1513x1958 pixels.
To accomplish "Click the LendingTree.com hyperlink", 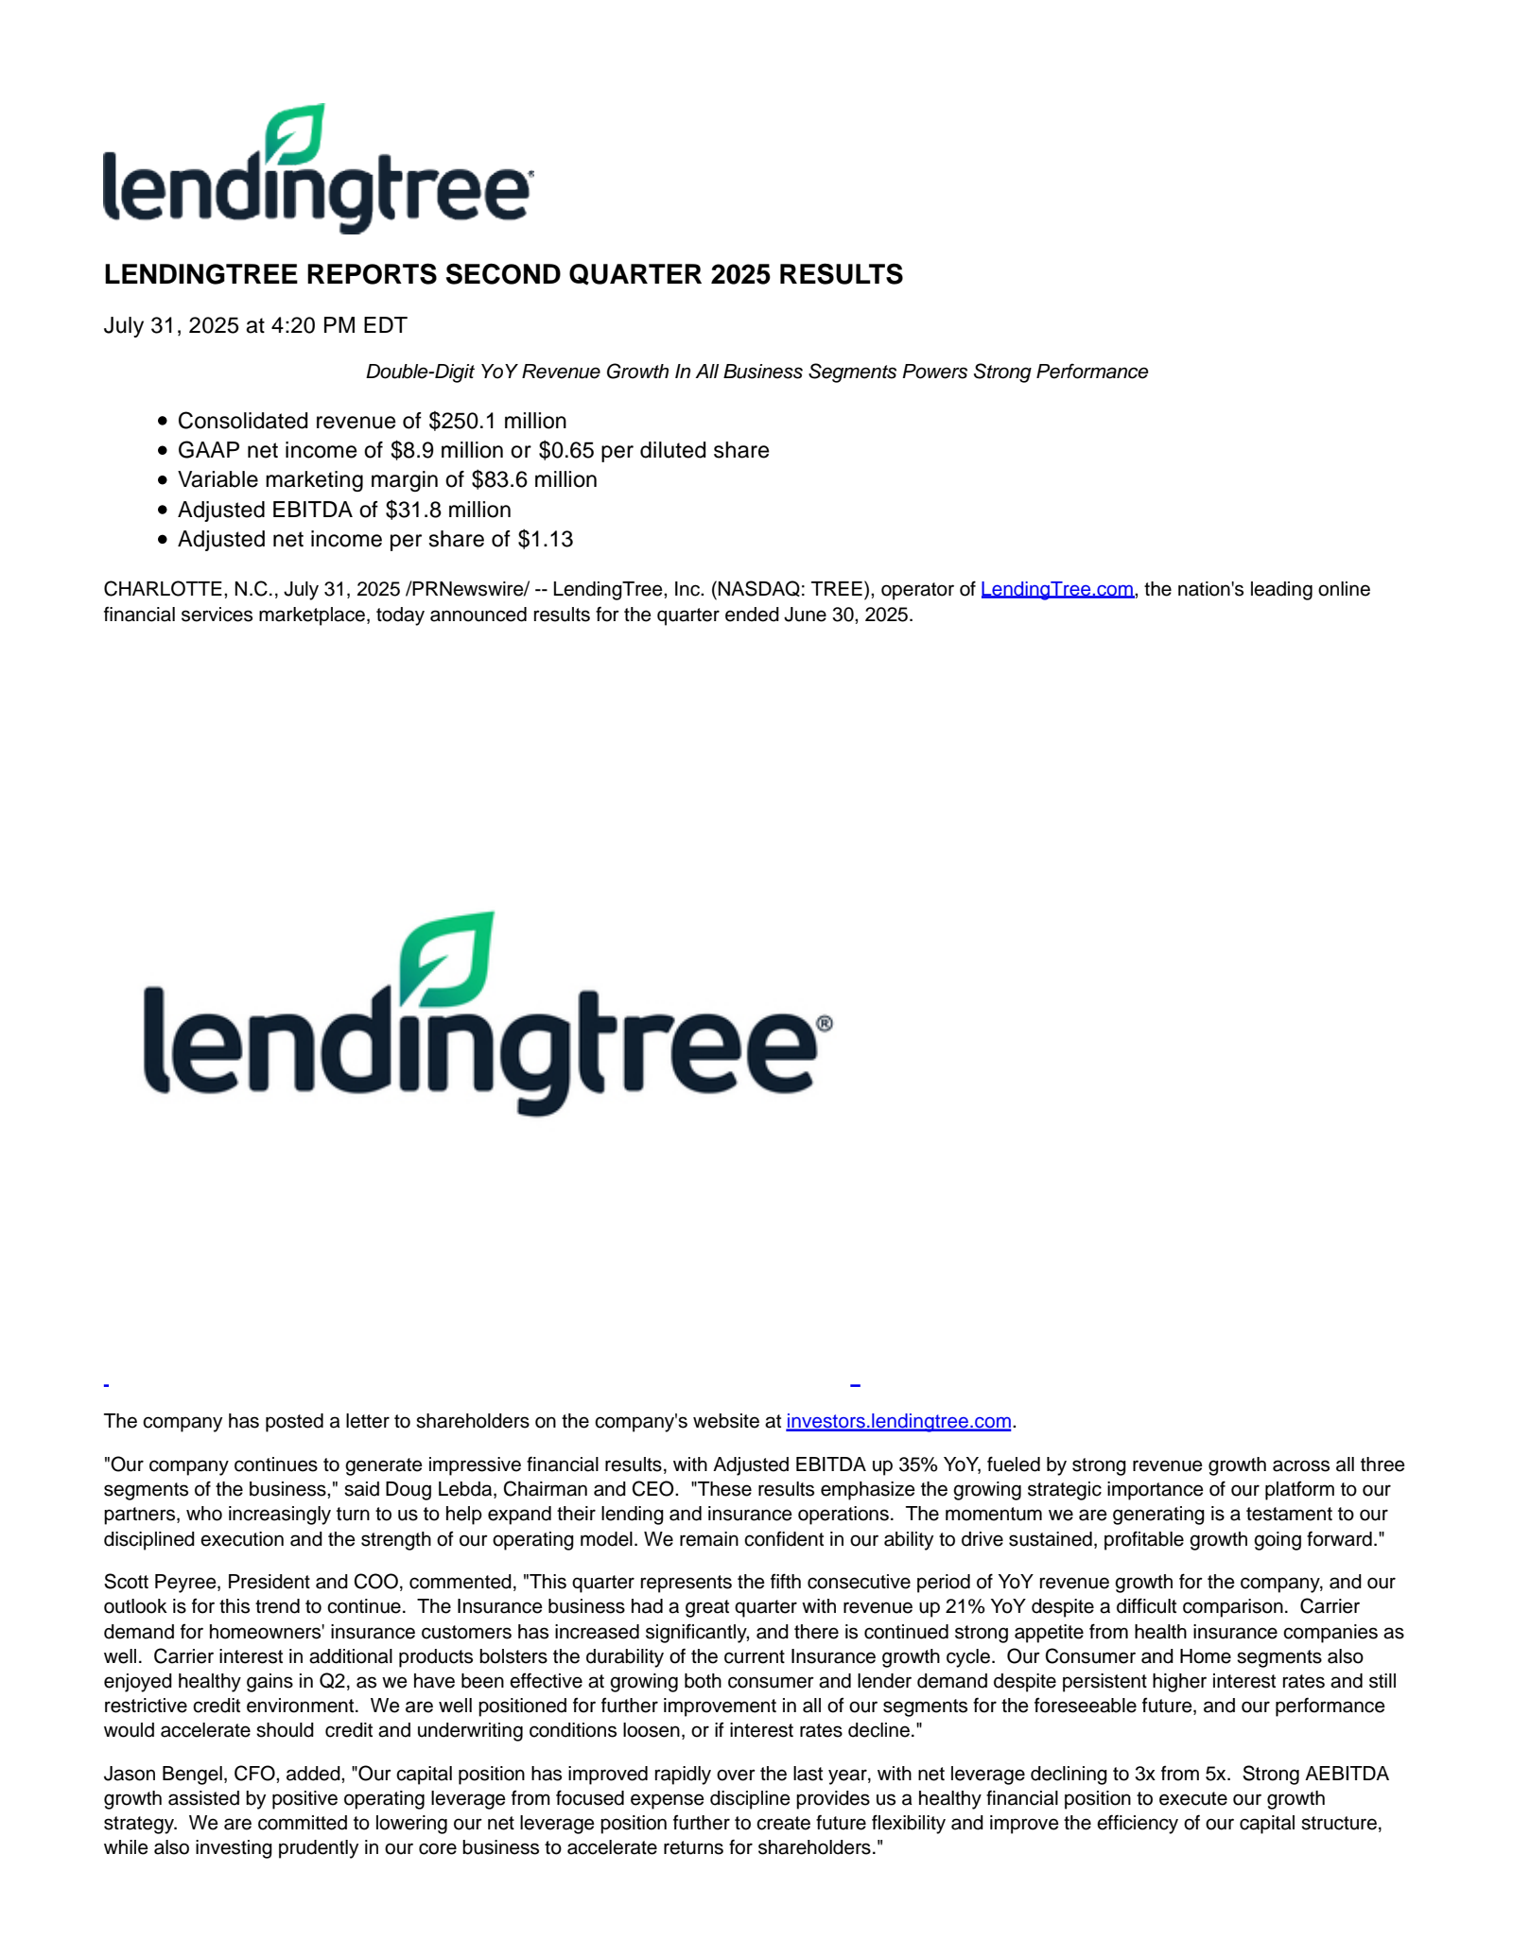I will [1056, 589].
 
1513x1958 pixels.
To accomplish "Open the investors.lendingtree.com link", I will [898, 1421].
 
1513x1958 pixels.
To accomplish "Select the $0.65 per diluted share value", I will [565, 450].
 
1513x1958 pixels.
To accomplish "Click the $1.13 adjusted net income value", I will [545, 539].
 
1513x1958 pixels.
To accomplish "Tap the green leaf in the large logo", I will [446, 959].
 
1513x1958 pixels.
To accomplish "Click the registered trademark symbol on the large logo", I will [824, 1024].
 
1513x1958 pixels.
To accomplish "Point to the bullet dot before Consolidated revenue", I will [163, 422].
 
